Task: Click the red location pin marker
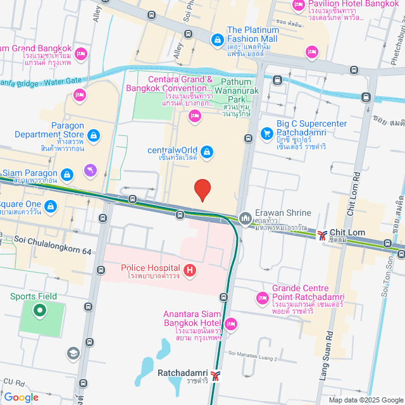coord(202,190)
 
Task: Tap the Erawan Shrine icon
coord(246,219)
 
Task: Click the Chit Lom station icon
coord(323,235)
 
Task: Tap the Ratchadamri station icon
coord(217,376)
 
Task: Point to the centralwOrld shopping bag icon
coord(207,151)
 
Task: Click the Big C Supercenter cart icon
coord(267,134)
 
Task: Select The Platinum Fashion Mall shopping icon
coord(217,40)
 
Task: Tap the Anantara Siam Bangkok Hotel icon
coord(231,324)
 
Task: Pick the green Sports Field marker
coord(39,310)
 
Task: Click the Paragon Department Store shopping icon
coord(94,135)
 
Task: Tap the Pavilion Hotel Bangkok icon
coord(299,6)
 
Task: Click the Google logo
coord(21,397)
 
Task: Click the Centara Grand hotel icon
coord(195,115)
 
